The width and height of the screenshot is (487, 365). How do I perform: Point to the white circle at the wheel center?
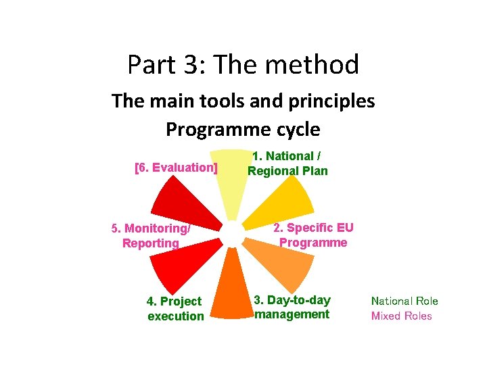coord(232,234)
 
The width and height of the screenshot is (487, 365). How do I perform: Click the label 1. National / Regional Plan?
coord(287,164)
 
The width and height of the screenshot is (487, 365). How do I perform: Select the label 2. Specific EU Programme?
coord(313,235)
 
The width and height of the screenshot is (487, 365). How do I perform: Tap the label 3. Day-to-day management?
coord(292,307)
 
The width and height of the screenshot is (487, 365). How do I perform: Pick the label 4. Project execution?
coord(175,308)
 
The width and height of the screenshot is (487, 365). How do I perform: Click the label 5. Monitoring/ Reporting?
coord(151,236)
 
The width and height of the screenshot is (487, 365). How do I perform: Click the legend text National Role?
coord(404,301)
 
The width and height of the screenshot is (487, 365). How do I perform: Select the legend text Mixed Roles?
coord(401,316)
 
